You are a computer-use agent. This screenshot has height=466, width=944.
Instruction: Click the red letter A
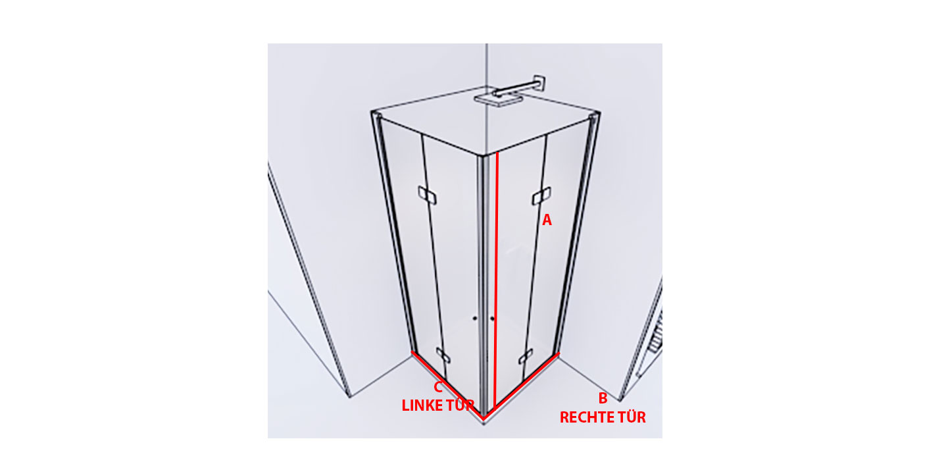[547, 220]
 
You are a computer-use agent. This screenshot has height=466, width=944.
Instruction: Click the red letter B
[603, 398]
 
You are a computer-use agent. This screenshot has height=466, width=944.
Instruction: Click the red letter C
[438, 387]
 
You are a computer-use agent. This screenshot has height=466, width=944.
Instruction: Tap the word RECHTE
[584, 417]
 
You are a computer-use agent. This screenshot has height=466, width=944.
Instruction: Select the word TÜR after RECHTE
[628, 417]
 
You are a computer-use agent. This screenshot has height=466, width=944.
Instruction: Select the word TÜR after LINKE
[460, 405]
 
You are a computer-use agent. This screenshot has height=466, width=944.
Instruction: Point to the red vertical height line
[496, 280]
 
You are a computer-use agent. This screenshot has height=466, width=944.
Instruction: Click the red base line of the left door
[447, 385]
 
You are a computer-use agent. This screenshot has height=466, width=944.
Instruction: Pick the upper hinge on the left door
[428, 195]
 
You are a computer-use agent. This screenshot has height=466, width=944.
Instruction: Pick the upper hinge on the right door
[541, 196]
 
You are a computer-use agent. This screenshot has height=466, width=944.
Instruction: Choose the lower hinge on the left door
[443, 355]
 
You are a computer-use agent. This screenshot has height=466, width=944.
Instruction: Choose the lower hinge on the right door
[526, 356]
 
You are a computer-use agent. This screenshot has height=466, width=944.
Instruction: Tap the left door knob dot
[475, 319]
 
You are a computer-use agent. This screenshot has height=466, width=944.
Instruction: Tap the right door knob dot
[492, 319]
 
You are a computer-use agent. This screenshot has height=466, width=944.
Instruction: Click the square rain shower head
[498, 100]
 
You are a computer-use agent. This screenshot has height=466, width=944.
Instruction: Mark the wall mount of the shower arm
[539, 83]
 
